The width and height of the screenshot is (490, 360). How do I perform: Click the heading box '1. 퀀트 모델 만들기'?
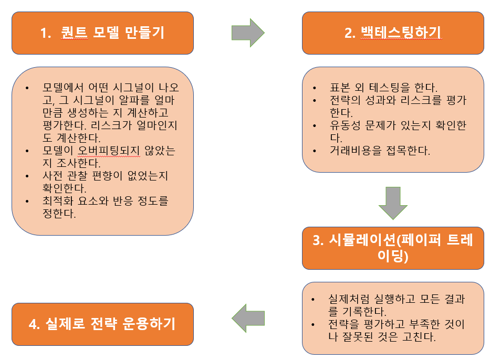[102, 33]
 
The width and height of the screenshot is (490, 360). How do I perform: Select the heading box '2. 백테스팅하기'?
[393, 33]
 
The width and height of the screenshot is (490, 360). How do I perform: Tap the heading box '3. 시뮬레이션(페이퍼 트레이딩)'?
[393, 248]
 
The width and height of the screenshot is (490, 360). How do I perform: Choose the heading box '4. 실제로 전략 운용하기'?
[102, 324]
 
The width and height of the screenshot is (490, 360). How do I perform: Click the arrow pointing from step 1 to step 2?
[248, 33]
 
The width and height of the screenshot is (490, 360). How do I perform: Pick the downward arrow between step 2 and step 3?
[393, 202]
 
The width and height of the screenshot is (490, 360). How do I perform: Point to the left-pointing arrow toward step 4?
[248, 318]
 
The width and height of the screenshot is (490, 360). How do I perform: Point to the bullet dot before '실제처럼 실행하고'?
[314, 299]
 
